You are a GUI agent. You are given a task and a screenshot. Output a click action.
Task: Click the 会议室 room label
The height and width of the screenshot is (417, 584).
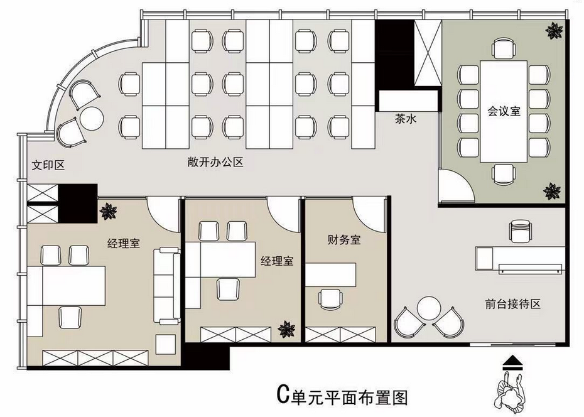pyautogui.click(x=504, y=111)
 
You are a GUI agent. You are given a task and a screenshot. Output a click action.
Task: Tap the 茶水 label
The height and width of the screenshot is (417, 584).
pyautogui.click(x=406, y=119)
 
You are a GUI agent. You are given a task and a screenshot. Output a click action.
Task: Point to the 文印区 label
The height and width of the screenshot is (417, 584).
pyautogui.click(x=48, y=165)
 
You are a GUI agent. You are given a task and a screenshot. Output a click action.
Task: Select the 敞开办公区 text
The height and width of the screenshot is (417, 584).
pyautogui.click(x=215, y=162)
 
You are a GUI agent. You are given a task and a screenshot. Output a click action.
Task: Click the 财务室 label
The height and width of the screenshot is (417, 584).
pyautogui.click(x=344, y=239)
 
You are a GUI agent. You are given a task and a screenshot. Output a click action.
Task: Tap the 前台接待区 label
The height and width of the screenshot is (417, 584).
pyautogui.click(x=512, y=304)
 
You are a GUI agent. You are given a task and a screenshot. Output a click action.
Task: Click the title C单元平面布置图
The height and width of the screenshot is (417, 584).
pyautogui.click(x=342, y=396)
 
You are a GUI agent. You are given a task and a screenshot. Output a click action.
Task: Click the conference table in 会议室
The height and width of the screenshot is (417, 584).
pyautogui.click(x=504, y=111)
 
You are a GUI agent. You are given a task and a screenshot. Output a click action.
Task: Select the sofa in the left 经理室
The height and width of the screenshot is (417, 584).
pyautogui.click(x=167, y=286)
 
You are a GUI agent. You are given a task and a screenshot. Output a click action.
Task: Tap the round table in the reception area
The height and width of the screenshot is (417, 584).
pyautogui.click(x=429, y=308)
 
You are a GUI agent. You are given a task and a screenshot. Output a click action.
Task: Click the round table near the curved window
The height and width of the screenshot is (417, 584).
pyautogui.click(x=92, y=119)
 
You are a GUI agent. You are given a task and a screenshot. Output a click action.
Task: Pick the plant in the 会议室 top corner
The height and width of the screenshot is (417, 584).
pyautogui.click(x=555, y=31)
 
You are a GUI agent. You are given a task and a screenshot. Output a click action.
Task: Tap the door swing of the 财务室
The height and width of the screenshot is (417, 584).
pyautogui.click(x=369, y=215)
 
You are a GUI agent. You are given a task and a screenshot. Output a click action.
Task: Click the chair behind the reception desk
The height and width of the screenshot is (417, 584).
pyautogui.click(x=521, y=231)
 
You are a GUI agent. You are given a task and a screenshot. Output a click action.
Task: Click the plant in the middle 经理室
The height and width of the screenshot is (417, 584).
pyautogui.click(x=287, y=329)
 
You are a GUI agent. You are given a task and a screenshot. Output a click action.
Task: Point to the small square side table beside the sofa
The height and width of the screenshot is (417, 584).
pyautogui.click(x=166, y=344)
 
